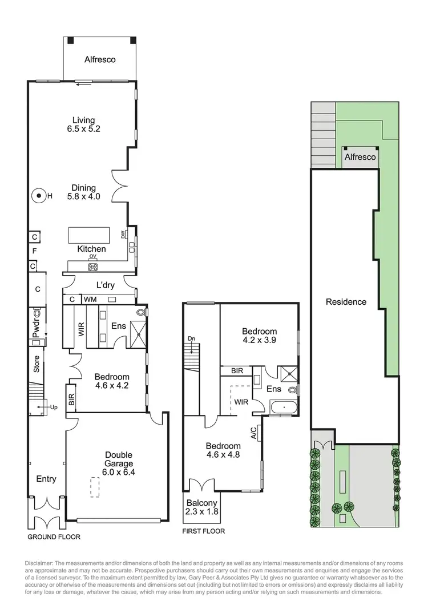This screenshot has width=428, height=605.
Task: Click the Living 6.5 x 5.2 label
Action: [83, 124]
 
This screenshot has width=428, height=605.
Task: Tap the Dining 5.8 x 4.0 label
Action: [83, 192]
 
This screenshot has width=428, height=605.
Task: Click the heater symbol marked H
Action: [39, 196]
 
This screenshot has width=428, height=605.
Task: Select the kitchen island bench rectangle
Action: [88, 235]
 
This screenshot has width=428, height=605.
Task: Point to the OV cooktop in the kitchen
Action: [92, 266]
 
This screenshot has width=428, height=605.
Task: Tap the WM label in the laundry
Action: [90, 299]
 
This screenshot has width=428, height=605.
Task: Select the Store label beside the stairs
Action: [36, 365]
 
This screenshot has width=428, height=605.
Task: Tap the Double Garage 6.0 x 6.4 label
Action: [119, 463]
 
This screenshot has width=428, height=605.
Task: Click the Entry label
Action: [46, 479]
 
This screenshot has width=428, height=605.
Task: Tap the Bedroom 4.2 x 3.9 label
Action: [259, 336]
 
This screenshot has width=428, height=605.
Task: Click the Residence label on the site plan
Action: [346, 301]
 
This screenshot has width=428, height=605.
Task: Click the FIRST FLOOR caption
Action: [203, 531]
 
